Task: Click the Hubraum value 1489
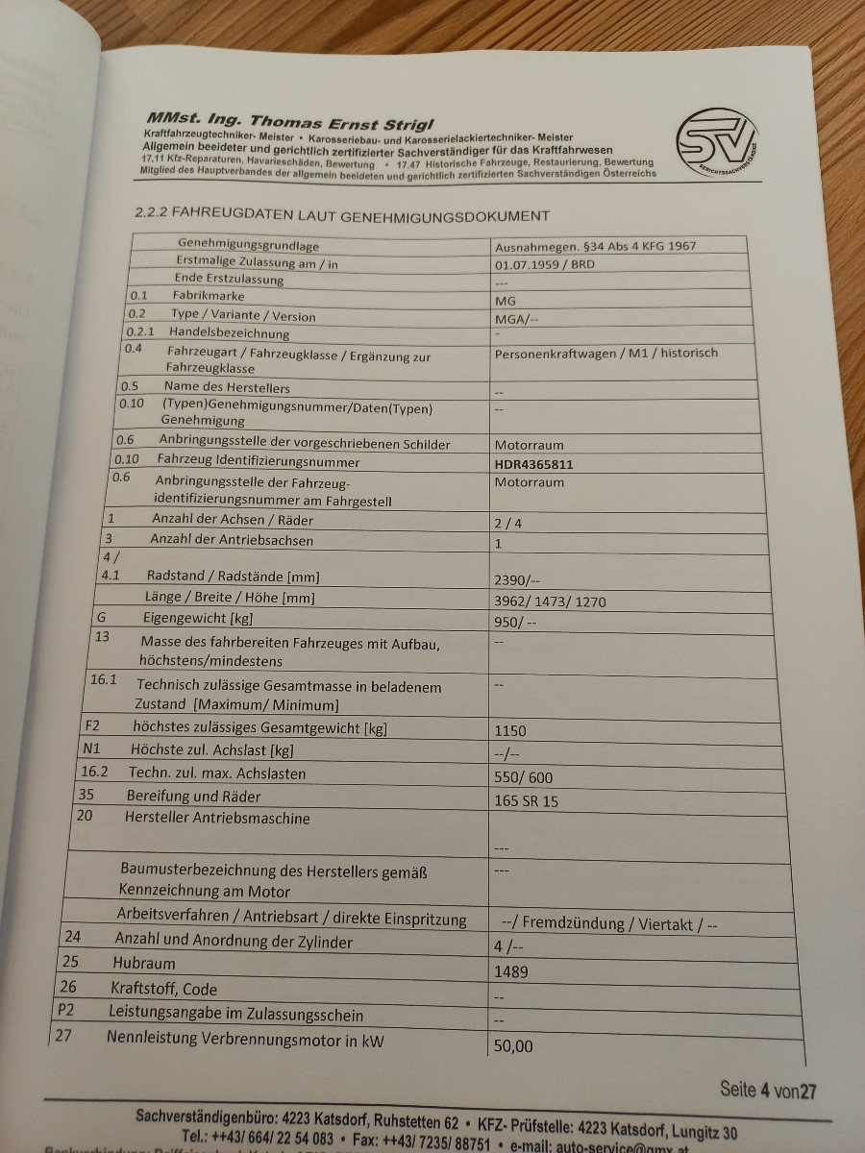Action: (511, 970)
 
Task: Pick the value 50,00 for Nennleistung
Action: (513, 1045)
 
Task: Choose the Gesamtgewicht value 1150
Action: (509, 730)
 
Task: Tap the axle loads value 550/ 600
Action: (523, 776)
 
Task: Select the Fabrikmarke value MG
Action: (505, 300)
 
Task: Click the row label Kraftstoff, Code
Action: (164, 988)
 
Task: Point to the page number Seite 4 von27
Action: (768, 1090)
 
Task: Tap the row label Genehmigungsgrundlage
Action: (248, 245)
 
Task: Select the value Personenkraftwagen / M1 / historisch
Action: (605, 353)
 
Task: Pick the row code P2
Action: (65, 1011)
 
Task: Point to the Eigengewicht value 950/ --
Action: (514, 622)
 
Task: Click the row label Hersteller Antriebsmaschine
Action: (217, 818)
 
